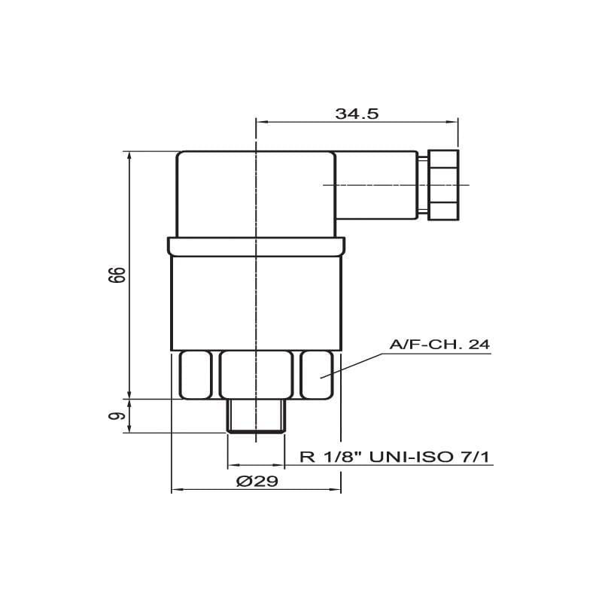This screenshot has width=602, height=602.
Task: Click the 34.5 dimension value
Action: point(357,114)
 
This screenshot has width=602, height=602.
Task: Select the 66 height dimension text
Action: point(117,275)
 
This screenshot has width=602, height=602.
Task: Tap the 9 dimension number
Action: point(117,416)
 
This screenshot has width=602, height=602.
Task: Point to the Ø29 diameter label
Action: point(257,481)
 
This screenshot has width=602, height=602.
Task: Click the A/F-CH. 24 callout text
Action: point(439,345)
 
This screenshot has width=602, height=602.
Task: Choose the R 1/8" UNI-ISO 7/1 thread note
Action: point(394,457)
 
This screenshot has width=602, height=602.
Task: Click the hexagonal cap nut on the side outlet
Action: point(443,185)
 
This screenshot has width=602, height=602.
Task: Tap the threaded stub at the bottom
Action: point(256,416)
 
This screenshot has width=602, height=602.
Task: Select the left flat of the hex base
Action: point(196,375)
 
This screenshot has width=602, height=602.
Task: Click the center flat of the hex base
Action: point(256,375)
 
